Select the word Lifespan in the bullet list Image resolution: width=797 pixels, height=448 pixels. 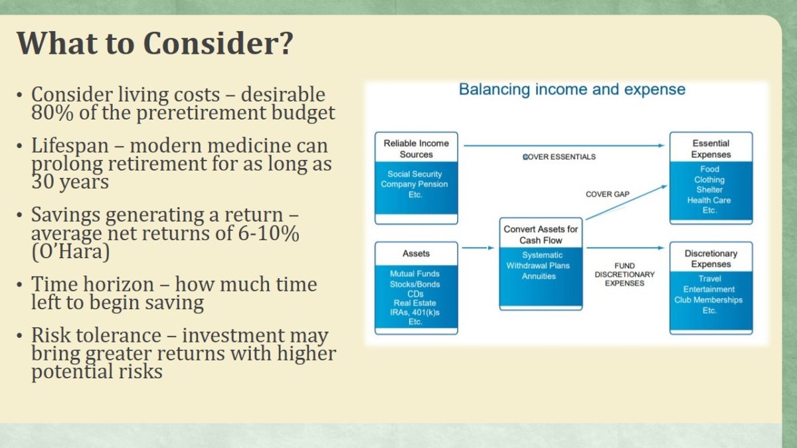pyautogui.click(x=70, y=147)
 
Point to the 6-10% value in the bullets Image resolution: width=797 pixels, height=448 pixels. pyautogui.click(x=268, y=233)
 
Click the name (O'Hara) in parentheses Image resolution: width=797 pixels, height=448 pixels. pyautogui.click(x=70, y=252)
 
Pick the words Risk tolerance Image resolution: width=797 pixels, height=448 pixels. pyautogui.click(x=96, y=335)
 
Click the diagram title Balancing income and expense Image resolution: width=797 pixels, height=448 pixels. pyautogui.click(x=572, y=89)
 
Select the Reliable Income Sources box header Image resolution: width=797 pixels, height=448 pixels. pyautogui.click(x=416, y=149)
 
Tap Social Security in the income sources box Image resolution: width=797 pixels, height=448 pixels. pyautogui.click(x=414, y=174)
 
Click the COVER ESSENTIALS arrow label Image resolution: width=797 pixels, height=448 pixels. pyautogui.click(x=559, y=157)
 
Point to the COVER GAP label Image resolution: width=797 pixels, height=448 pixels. pyautogui.click(x=608, y=194)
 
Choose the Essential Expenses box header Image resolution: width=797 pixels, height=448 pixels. pyautogui.click(x=711, y=149)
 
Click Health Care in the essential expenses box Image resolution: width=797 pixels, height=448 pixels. pyautogui.click(x=709, y=200)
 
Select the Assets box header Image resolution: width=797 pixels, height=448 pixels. pyautogui.click(x=416, y=254)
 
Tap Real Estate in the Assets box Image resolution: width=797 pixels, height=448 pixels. pyautogui.click(x=415, y=303)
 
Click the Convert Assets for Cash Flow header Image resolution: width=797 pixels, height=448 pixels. pyautogui.click(x=541, y=235)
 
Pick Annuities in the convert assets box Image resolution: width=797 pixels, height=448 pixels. pyautogui.click(x=539, y=276)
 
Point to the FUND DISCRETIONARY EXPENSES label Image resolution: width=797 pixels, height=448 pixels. pyautogui.click(x=624, y=275)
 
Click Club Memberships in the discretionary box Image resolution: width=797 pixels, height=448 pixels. pyautogui.click(x=709, y=300)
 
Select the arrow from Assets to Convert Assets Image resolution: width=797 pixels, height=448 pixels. pyautogui.click(x=478, y=248)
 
